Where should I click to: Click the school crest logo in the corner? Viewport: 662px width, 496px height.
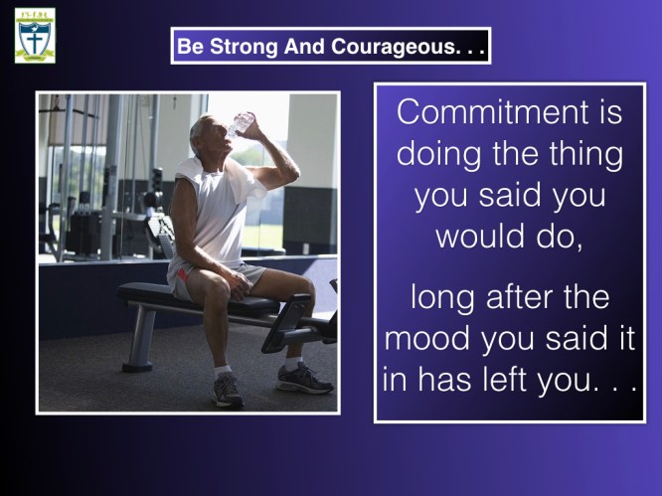tap(35, 35)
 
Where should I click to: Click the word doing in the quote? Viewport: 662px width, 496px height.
tap(438, 155)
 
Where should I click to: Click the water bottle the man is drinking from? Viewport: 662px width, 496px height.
tap(241, 123)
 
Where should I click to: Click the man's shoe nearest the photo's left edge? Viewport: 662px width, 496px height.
tap(228, 390)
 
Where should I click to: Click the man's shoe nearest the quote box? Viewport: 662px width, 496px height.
tap(303, 379)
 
